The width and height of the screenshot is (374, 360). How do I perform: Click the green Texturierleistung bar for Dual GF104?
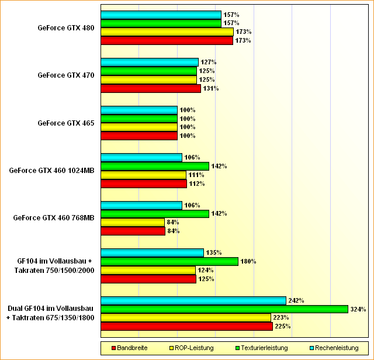click(224, 309)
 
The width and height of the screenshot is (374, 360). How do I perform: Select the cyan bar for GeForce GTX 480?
click(161, 15)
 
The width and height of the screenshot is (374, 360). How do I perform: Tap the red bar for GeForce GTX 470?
click(151, 88)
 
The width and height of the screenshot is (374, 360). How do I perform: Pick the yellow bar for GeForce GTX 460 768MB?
click(133, 222)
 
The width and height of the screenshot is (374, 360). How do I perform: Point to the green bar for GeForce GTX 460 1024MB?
click(155, 166)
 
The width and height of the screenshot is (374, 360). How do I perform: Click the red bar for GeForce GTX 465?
click(139, 136)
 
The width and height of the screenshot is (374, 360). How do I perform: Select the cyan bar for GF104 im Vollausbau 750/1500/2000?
click(152, 252)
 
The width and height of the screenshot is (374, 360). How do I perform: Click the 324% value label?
click(358, 309)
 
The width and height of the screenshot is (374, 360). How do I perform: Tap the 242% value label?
click(296, 300)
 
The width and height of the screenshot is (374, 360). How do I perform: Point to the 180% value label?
click(248, 261)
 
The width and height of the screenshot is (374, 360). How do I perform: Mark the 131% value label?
click(210, 88)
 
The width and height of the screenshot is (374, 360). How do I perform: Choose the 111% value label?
click(196, 175)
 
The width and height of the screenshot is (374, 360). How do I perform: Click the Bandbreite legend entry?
click(132, 348)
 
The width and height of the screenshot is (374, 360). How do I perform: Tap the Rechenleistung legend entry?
click(333, 348)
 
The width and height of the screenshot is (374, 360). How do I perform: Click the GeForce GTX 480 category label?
click(65, 27)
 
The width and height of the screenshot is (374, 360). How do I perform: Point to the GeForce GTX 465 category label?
click(65, 123)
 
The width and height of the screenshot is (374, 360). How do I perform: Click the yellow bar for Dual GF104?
click(186, 317)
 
